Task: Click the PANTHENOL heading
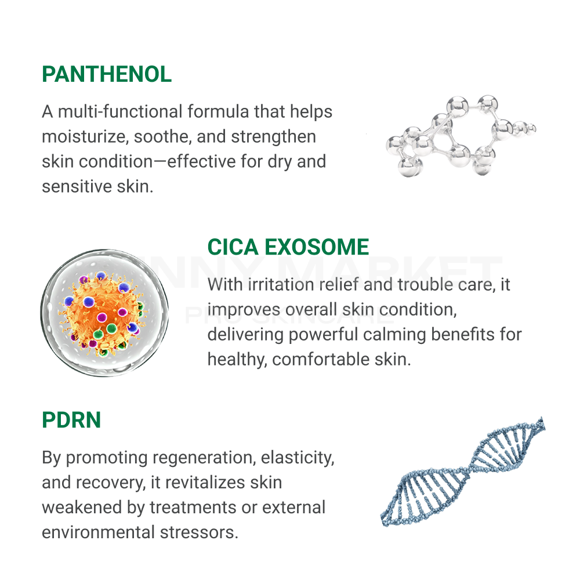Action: [107, 74]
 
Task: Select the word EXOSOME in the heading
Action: [317, 247]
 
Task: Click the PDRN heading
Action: [71, 420]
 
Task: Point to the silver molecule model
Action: [461, 136]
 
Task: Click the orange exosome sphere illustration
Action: [104, 313]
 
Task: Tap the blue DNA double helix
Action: [463, 472]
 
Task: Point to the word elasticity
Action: [298, 458]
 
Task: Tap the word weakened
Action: [82, 507]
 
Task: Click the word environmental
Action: [99, 532]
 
